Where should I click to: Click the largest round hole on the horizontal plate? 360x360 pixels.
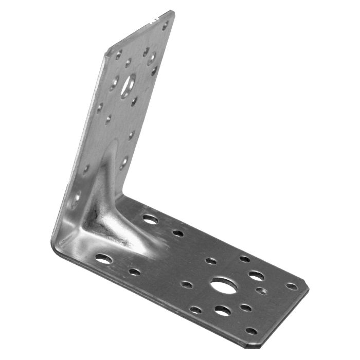pyautogui.click(x=224, y=285)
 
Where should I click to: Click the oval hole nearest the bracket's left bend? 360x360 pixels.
pyautogui.click(x=103, y=259)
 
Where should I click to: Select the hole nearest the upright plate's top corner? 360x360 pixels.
pyautogui.click(x=165, y=24)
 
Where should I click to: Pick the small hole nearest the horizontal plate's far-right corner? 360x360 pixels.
pyautogui.click(x=292, y=286)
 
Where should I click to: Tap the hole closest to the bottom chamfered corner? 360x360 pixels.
pyautogui.click(x=251, y=331)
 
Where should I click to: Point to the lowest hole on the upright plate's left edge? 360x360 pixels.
pyautogui.click(x=76, y=197)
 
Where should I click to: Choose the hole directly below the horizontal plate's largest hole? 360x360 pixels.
pyautogui.click(x=223, y=311)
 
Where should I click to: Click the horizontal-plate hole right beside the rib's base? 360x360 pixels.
pyautogui.click(x=150, y=220)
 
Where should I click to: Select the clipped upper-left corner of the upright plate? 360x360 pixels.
pyautogui.click(x=108, y=49)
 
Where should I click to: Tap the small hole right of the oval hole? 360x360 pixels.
pyautogui.click(x=134, y=272)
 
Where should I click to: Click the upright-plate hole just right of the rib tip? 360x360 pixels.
pyautogui.click(x=123, y=163)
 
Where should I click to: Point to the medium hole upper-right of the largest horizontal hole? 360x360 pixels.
pyautogui.click(x=256, y=276)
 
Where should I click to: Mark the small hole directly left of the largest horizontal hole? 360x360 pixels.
pyautogui.click(x=187, y=284)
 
